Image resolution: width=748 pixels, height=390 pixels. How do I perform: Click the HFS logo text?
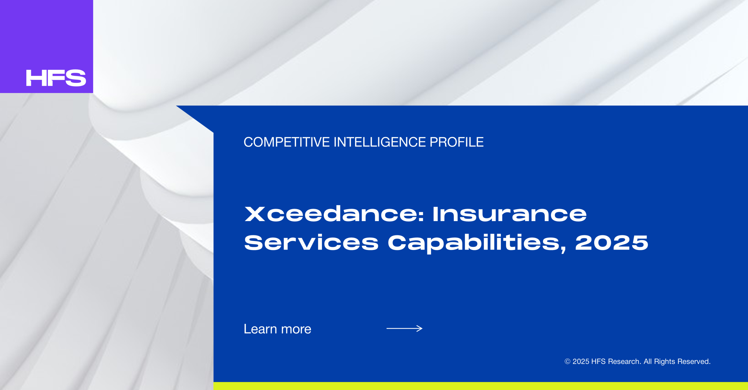click(56, 78)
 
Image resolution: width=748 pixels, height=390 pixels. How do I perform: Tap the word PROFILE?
click(457, 142)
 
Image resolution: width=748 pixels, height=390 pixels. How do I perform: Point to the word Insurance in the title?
click(510, 214)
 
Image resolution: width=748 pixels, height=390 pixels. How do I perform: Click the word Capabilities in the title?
click(473, 243)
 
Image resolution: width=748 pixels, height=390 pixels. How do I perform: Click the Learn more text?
click(278, 329)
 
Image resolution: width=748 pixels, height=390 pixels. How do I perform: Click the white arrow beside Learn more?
click(404, 328)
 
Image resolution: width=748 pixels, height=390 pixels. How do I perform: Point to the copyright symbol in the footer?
click(567, 361)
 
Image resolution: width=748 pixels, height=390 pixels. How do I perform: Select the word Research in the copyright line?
click(624, 361)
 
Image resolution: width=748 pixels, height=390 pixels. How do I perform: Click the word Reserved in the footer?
click(694, 361)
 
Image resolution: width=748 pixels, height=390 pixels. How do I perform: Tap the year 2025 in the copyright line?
click(581, 361)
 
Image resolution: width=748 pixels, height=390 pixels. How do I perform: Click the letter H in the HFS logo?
click(36, 78)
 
